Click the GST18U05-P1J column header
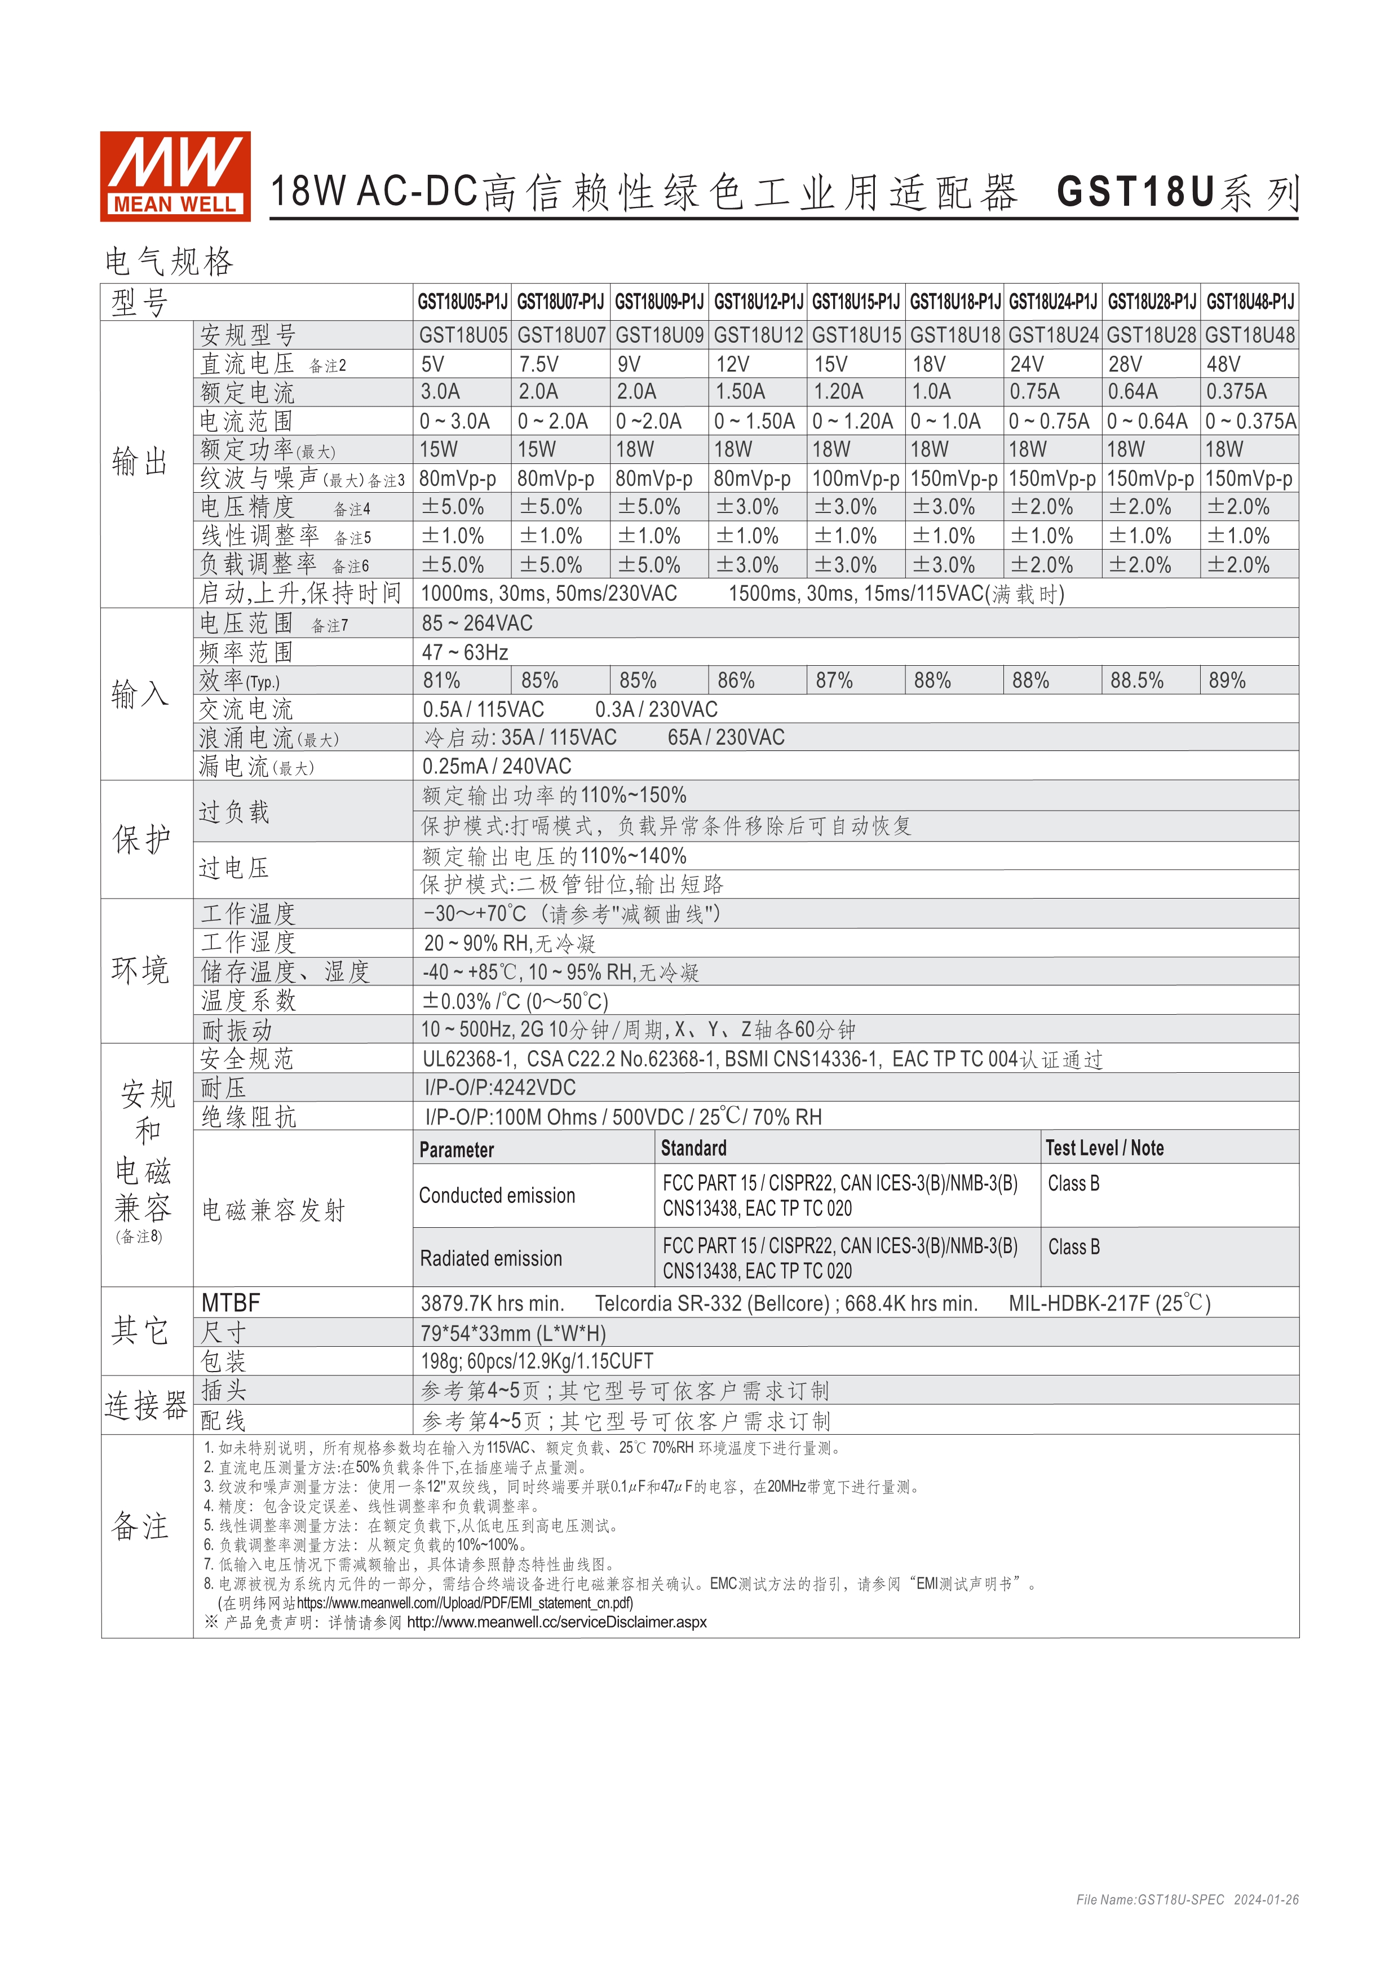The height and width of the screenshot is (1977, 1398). [462, 302]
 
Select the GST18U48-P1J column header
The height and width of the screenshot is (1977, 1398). [1249, 302]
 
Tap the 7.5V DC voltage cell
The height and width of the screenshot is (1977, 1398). [539, 364]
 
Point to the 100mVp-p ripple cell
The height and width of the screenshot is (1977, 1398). [856, 479]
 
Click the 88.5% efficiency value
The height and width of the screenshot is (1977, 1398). [1136, 681]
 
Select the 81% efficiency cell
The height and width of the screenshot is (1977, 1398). [441, 681]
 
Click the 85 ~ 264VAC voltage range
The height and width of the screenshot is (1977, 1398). [477, 623]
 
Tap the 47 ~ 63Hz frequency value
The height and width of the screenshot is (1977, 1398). [465, 653]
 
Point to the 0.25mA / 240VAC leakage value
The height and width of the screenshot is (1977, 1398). [497, 766]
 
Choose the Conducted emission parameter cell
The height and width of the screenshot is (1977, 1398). [497, 1196]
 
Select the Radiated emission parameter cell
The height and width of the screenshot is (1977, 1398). [490, 1259]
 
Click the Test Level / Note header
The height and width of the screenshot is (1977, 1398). [1104, 1149]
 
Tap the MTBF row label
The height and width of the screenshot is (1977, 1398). [231, 1304]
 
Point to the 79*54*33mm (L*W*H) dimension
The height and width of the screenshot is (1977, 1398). [513, 1334]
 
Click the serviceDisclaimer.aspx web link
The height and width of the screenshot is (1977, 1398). [556, 1622]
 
